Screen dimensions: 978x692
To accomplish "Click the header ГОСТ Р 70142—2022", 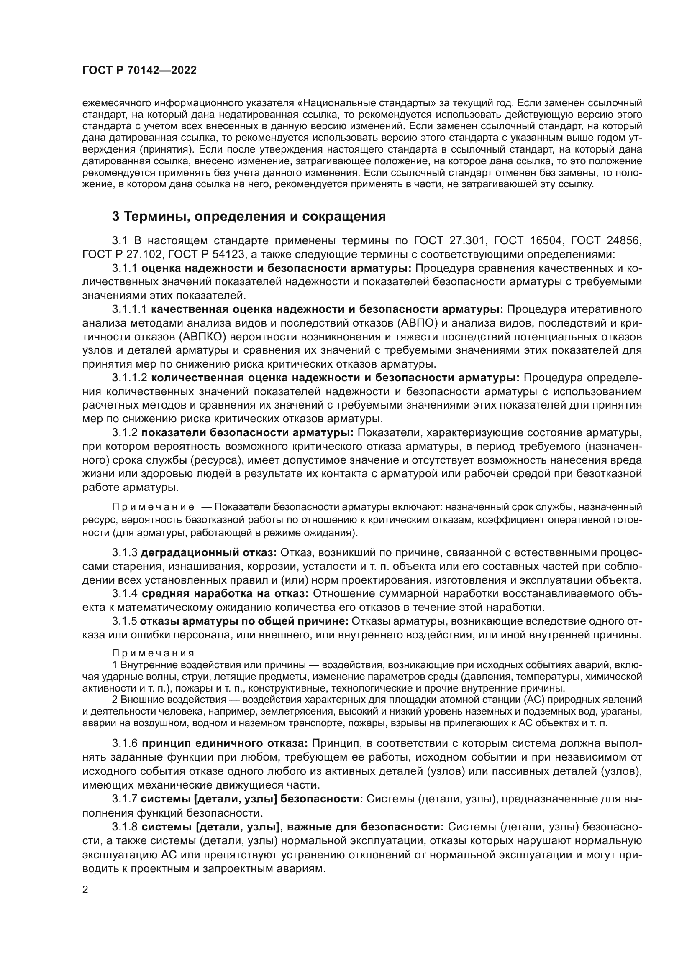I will (x=139, y=71).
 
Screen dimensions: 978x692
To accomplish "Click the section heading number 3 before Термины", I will (x=115, y=217).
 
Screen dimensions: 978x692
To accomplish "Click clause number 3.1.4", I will (x=125, y=594).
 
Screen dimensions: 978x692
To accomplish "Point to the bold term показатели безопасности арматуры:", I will (x=247, y=433).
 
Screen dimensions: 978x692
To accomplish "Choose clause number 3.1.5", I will (x=125, y=621).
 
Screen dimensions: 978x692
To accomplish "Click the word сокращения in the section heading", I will (x=344, y=217).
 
